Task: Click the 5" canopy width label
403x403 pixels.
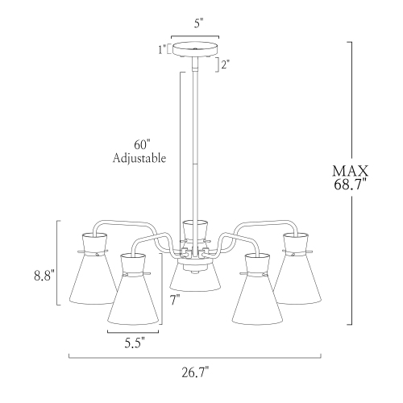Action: click(x=194, y=23)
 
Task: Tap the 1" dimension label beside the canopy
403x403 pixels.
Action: click(x=164, y=49)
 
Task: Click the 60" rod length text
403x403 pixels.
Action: click(x=142, y=144)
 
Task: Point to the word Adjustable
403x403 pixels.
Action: click(x=139, y=159)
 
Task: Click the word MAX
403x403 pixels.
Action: click(x=350, y=171)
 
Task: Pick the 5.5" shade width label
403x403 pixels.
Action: click(x=134, y=342)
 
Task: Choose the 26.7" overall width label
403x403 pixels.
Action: click(x=194, y=372)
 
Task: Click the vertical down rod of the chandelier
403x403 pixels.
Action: click(x=194, y=145)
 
